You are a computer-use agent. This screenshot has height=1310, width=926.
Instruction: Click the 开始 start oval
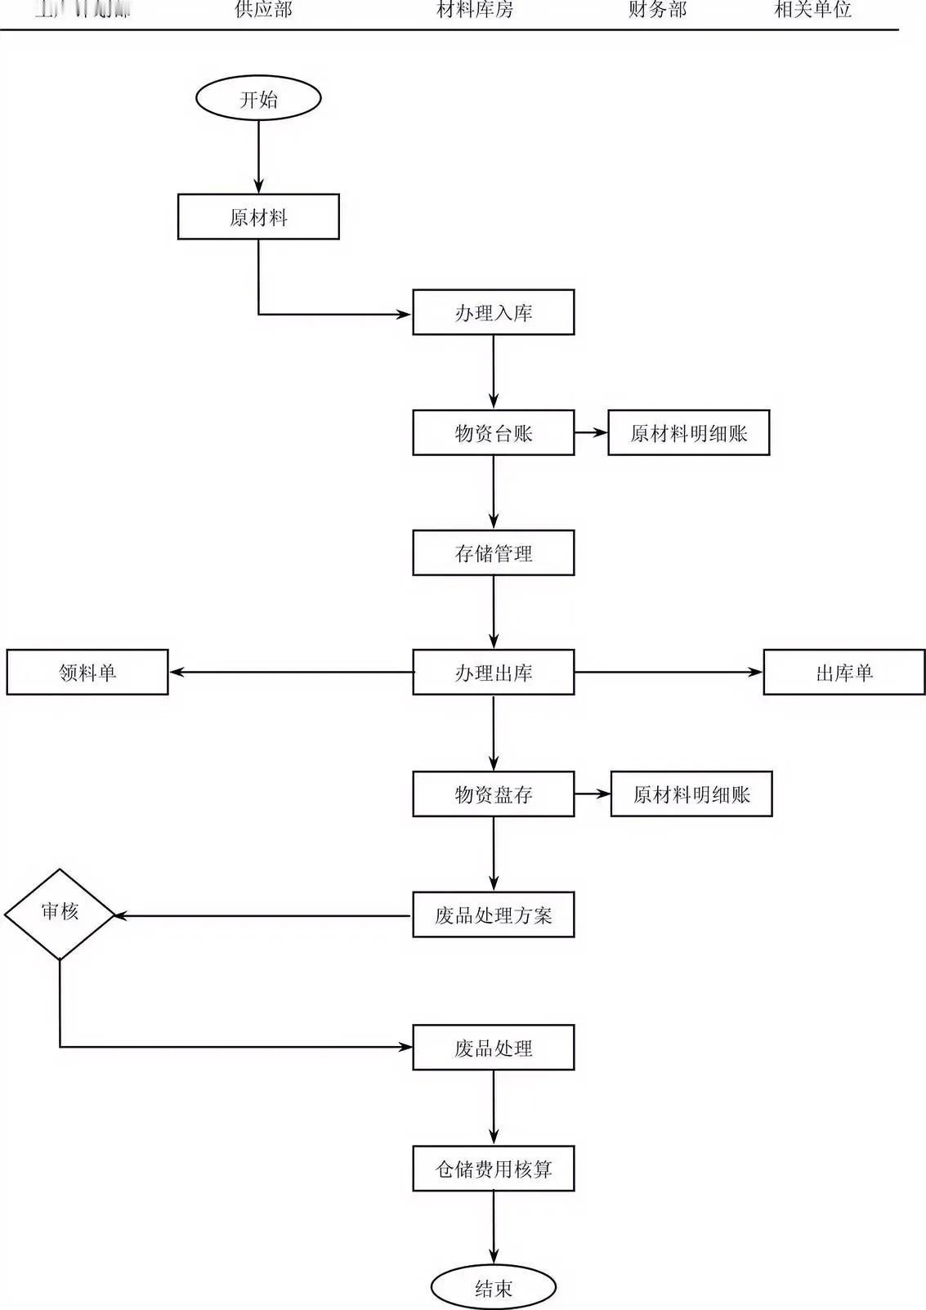click(x=258, y=99)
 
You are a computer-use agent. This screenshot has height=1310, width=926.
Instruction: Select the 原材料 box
click(x=258, y=217)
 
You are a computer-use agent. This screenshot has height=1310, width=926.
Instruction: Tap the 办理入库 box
click(x=493, y=312)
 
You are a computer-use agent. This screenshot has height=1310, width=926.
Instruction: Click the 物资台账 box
click(x=493, y=432)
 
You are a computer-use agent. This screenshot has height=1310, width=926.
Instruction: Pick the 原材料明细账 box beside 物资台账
click(x=688, y=432)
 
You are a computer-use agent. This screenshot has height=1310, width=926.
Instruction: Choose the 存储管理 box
click(x=493, y=552)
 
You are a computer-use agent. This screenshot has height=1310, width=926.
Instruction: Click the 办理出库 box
click(x=493, y=672)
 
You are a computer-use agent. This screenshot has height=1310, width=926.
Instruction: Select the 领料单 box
click(x=87, y=672)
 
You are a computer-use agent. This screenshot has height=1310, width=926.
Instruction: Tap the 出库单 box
click(x=843, y=672)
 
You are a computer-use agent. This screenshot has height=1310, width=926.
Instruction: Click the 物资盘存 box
click(x=493, y=794)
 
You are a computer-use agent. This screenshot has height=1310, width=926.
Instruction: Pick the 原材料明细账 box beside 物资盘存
click(x=691, y=794)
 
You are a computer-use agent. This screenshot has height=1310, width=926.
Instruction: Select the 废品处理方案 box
click(x=493, y=914)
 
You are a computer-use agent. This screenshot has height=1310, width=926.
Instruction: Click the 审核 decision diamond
click(x=60, y=914)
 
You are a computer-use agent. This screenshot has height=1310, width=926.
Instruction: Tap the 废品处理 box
click(x=493, y=1047)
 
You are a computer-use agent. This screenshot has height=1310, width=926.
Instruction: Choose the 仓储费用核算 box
click(x=493, y=1168)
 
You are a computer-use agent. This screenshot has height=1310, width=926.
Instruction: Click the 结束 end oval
click(x=493, y=1288)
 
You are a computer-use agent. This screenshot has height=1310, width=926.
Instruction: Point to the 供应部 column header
click(x=263, y=10)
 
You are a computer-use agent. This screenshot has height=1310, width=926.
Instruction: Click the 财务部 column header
click(x=657, y=10)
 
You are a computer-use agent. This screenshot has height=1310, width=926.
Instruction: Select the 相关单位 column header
click(x=812, y=10)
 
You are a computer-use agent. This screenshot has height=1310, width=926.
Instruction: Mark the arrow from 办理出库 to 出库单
click(x=669, y=672)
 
